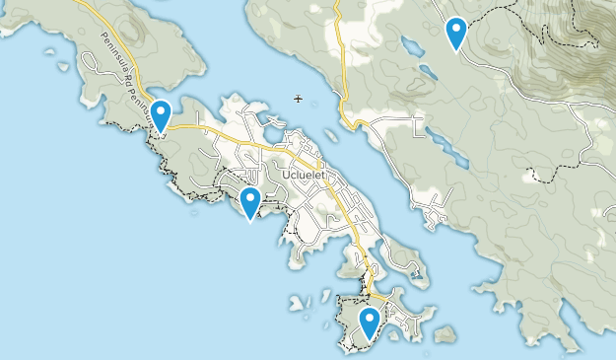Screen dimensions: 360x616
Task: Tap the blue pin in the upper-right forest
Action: coord(455,33)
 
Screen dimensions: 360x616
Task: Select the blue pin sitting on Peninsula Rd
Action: coord(160,114)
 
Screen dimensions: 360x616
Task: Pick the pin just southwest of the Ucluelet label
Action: coord(250,202)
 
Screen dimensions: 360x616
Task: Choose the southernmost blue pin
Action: coord(369,323)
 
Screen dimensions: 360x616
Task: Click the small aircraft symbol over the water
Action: coord(299,98)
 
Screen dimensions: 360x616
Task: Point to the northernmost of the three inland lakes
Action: coord(410,46)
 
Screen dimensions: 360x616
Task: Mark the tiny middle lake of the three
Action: coord(427,72)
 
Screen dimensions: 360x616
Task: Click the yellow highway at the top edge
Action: coord(335,8)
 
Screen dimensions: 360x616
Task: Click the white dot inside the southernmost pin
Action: coord(369,318)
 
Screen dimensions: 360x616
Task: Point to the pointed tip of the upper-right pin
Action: coord(455,49)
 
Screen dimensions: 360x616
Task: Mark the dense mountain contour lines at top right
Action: coord(567,39)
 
